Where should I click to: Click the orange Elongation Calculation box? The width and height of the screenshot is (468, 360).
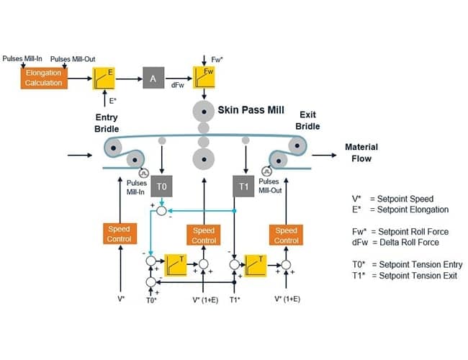(44, 78)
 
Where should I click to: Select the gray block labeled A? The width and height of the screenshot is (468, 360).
(152, 78)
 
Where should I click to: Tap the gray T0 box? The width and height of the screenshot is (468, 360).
(162, 187)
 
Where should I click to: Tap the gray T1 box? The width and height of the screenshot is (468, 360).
(243, 187)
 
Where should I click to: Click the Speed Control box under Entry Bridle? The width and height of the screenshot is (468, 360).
(119, 233)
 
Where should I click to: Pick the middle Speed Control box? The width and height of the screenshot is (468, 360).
(204, 234)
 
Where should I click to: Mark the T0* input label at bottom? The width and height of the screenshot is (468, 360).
(151, 300)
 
